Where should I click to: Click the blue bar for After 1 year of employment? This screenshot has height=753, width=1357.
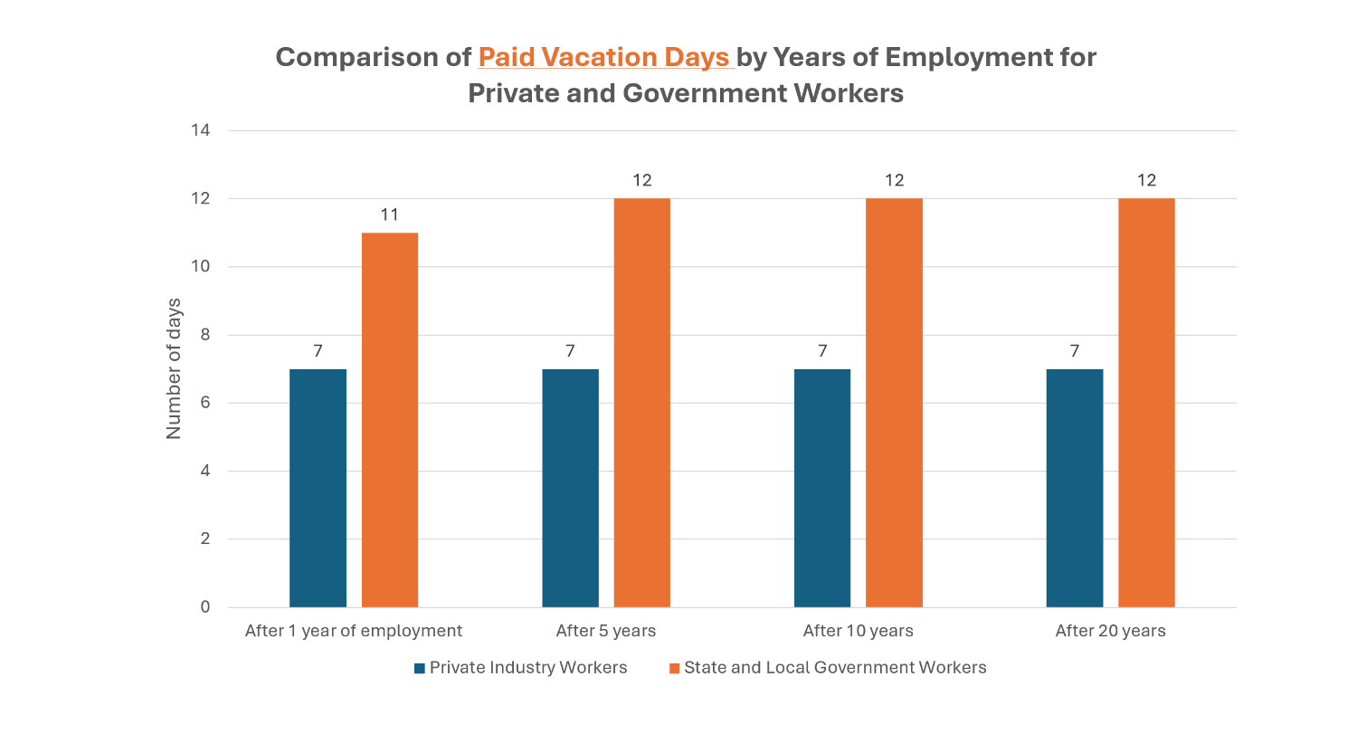click(x=318, y=488)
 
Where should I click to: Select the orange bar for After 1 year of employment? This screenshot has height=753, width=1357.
click(x=390, y=420)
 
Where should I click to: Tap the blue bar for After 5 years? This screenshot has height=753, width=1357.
click(x=570, y=488)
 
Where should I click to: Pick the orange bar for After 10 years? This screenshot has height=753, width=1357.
click(x=894, y=403)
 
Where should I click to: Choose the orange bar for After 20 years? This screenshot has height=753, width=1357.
click(x=1146, y=403)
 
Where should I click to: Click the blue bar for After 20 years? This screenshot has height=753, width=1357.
click(x=1075, y=488)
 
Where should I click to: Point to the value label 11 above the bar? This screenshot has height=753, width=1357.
click(x=390, y=214)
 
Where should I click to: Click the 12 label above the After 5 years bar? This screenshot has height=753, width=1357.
click(x=642, y=180)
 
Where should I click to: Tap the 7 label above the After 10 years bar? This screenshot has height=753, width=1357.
click(x=822, y=351)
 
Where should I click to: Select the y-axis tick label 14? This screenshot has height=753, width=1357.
click(x=200, y=130)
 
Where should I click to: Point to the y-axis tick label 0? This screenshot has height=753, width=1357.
click(x=205, y=607)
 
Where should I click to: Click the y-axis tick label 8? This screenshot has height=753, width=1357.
click(x=205, y=335)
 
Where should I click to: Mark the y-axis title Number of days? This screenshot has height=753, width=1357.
click(x=174, y=368)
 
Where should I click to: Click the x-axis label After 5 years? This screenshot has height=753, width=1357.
click(x=606, y=631)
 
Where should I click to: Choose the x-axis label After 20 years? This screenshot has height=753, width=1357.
click(x=1110, y=631)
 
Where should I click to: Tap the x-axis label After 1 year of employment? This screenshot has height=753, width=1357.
click(x=354, y=631)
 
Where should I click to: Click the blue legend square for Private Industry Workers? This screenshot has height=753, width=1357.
click(x=420, y=669)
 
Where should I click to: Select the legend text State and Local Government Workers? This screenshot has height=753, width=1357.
click(x=835, y=668)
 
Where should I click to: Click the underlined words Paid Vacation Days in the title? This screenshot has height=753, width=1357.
click(x=603, y=57)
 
